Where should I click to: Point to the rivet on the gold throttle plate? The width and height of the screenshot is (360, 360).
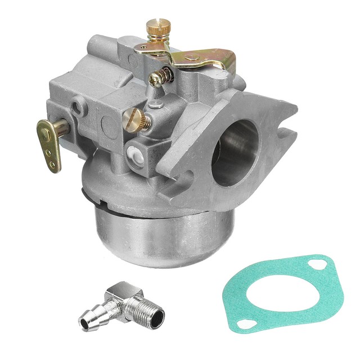point(193,56)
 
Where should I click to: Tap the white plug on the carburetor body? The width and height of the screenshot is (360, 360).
point(134,155)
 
